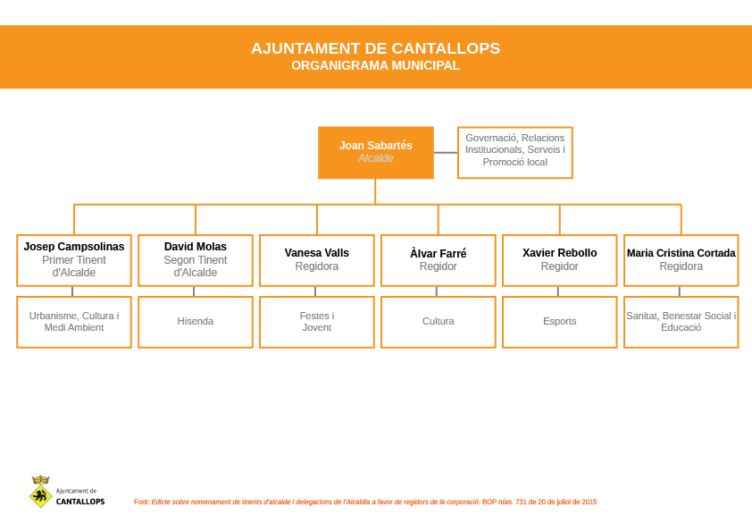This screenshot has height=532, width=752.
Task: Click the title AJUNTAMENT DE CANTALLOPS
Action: point(375,48)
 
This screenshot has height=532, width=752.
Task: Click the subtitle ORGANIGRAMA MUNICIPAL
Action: point(375,65)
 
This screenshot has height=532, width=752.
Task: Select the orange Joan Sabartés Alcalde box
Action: point(375,152)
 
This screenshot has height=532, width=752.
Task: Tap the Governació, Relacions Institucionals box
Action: point(514,152)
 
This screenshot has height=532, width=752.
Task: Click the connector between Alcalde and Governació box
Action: point(446,153)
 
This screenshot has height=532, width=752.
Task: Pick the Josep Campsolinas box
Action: point(74,260)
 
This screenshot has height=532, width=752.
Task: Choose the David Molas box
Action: point(196,260)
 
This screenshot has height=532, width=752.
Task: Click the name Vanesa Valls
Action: point(316,253)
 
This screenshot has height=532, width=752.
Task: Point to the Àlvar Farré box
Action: point(438,260)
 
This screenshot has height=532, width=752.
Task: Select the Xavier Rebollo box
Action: point(559,260)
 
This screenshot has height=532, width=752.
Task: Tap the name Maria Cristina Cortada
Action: point(681,253)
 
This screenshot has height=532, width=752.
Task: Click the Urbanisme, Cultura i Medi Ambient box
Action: point(74,322)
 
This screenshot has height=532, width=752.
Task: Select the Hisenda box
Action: point(196,322)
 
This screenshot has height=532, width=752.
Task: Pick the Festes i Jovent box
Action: point(316,322)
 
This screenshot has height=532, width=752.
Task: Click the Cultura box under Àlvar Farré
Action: point(438,322)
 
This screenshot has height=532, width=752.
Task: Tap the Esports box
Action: point(559,322)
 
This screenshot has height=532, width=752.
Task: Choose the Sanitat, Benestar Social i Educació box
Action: point(681,322)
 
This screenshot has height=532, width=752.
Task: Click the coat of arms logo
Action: point(40,492)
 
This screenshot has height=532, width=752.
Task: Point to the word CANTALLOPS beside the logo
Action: point(80,502)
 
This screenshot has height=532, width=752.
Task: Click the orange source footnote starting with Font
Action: point(365,502)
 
